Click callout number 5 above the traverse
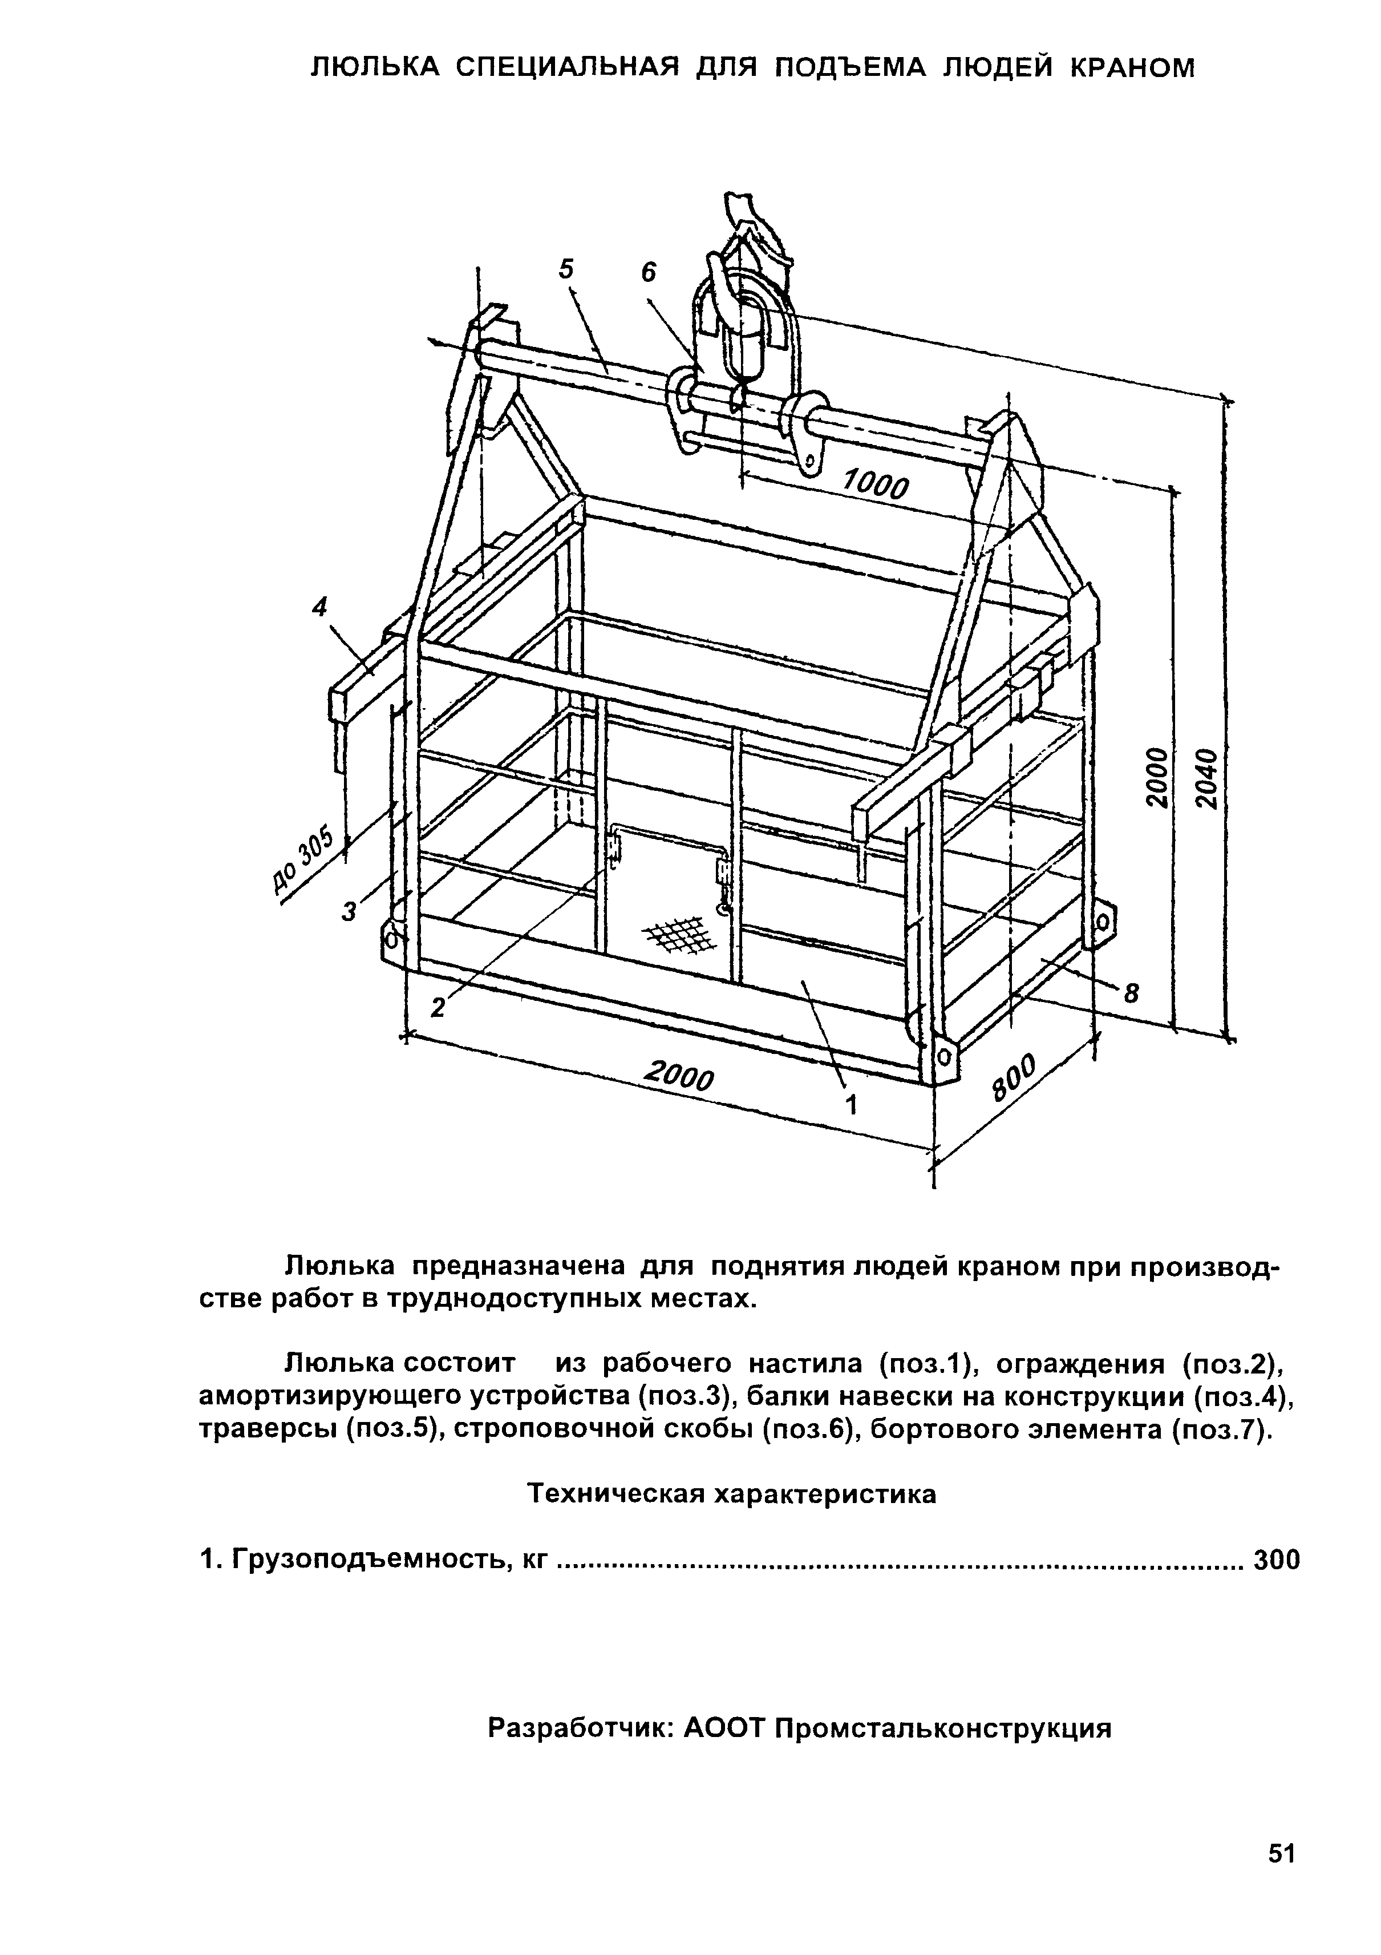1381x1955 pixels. click(567, 269)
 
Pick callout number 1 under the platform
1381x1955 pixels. click(851, 1105)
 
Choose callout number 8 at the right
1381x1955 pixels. click(1132, 993)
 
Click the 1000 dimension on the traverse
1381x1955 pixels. click(875, 486)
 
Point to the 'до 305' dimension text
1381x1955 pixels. click(302, 863)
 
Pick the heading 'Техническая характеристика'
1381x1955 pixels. click(732, 1493)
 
